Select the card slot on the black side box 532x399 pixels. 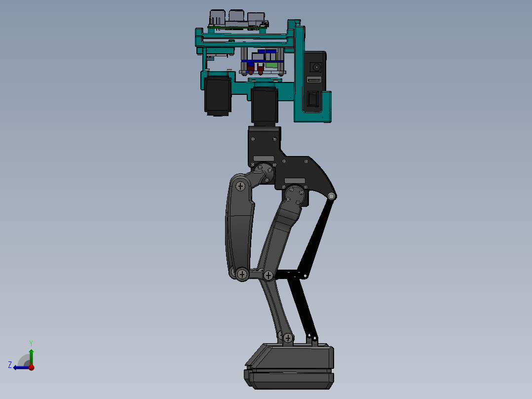pyautogui.click(x=314, y=80)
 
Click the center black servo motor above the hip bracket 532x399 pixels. pyautogui.click(x=265, y=105)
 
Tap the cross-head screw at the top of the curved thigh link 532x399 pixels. pyautogui.click(x=240, y=186)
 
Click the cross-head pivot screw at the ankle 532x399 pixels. pyautogui.click(x=288, y=338)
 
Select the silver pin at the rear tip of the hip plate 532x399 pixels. pyautogui.click(x=331, y=197)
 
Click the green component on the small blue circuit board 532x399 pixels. pyautogui.click(x=271, y=64)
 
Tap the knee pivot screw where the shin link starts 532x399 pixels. pyautogui.click(x=268, y=275)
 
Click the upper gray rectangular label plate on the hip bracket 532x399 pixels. pyautogui.click(x=264, y=159)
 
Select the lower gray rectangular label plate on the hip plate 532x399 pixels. pyautogui.click(x=295, y=180)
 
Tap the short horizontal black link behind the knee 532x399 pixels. pyautogui.click(x=289, y=273)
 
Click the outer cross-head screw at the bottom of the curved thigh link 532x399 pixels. pyautogui.click(x=242, y=274)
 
